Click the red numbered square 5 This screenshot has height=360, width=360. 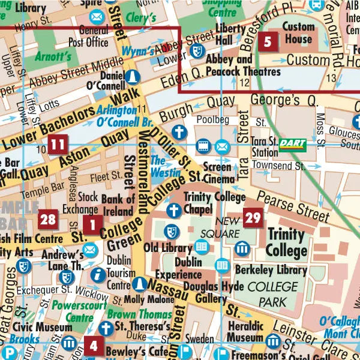tap(268, 42)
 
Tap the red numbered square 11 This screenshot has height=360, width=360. tap(58, 145)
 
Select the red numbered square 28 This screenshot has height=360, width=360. tap(48, 220)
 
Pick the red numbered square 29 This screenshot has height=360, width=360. tap(253, 217)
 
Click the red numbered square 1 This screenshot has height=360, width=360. tap(92, 226)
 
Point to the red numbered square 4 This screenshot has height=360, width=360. tap(93, 346)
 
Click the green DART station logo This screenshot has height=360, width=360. tap(292, 145)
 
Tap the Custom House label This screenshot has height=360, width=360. tap(298, 33)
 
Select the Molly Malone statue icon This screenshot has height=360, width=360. tap(139, 284)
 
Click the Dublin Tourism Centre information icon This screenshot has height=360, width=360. tap(95, 275)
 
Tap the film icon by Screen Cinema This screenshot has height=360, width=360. tap(203, 145)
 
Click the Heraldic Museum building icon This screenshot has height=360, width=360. tap(273, 342)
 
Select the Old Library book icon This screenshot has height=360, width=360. tap(201, 246)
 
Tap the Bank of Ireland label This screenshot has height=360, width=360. tap(118, 205)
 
